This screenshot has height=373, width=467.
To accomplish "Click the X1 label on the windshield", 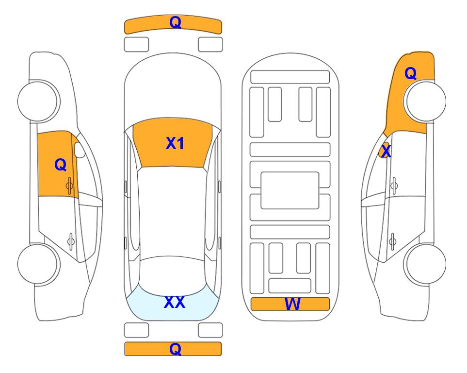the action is [x=175, y=143].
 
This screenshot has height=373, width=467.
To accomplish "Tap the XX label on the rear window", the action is [x=175, y=302].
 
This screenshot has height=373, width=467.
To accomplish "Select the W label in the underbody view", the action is [x=292, y=304].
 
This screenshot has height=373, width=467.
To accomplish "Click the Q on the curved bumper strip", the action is [x=175, y=22].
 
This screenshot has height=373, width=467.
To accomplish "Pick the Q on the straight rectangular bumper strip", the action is [x=175, y=349].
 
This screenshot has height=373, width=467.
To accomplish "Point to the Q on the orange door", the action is [x=61, y=165].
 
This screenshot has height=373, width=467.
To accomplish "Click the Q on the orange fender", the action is [x=410, y=73].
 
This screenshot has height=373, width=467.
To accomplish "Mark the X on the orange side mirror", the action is [x=386, y=151].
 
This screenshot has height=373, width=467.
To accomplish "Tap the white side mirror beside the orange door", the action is [x=80, y=150].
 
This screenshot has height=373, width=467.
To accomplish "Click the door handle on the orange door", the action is [x=69, y=186].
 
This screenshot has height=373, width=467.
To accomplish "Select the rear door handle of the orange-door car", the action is [x=71, y=241].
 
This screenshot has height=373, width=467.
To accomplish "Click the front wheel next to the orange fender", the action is [x=425, y=101].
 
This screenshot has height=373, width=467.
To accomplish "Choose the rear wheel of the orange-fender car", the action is [x=425, y=264].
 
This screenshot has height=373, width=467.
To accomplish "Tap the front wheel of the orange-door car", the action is [x=39, y=101].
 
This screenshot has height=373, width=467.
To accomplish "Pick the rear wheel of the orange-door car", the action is [x=39, y=264].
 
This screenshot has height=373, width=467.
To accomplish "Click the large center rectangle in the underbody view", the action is [x=290, y=190].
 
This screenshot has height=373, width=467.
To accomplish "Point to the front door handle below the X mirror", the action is [x=394, y=186].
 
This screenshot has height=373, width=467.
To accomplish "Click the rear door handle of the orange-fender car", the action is [x=393, y=241].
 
